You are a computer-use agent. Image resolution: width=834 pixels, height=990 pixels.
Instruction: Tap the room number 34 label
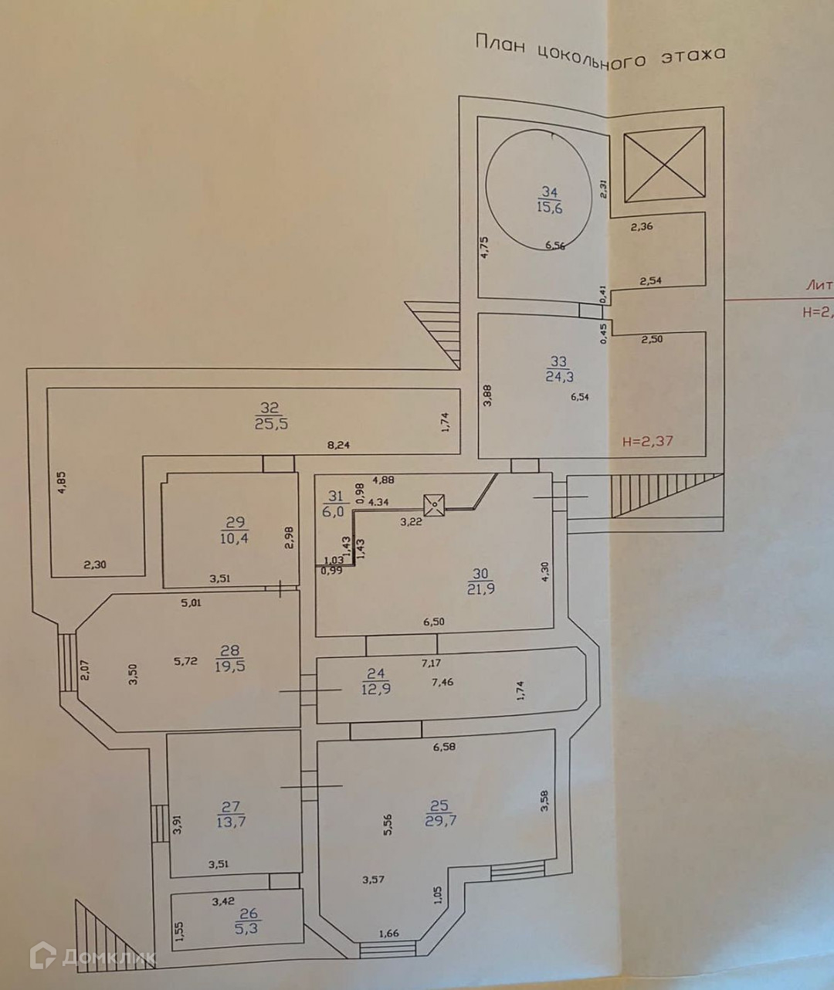pos(549,192)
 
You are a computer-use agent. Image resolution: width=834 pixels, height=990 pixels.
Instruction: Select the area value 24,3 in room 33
pos(560,377)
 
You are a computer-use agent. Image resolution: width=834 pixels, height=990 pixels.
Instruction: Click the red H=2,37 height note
pos(647,442)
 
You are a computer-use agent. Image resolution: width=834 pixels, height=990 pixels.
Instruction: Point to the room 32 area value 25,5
pos(272,424)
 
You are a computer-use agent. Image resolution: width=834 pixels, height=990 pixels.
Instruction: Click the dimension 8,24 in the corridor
pos(337,446)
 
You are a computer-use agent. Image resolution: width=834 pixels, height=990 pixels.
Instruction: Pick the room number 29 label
pos(233,522)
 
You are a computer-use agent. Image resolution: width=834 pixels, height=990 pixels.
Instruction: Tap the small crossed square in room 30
pos(434,506)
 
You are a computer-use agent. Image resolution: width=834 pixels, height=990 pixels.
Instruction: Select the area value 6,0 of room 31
pos(335,511)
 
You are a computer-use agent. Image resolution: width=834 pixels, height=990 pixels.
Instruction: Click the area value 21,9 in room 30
pos(481,589)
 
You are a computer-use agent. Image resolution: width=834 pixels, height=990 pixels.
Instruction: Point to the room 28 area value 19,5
pos(230,666)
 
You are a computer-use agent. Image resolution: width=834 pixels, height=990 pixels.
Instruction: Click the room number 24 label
pos(375,673)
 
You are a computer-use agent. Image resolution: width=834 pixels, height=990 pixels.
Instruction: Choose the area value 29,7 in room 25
pos(440,821)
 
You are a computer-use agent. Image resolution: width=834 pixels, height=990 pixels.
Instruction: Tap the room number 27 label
pos(231,808)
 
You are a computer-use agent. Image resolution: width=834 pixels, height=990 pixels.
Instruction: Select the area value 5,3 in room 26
pos(248,929)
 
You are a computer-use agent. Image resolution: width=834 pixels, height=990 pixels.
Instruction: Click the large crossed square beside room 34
pos(664,164)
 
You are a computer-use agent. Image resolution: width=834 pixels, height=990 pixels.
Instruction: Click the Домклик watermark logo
pos(92,958)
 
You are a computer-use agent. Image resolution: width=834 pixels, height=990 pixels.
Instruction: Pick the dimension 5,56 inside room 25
pos(389,826)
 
